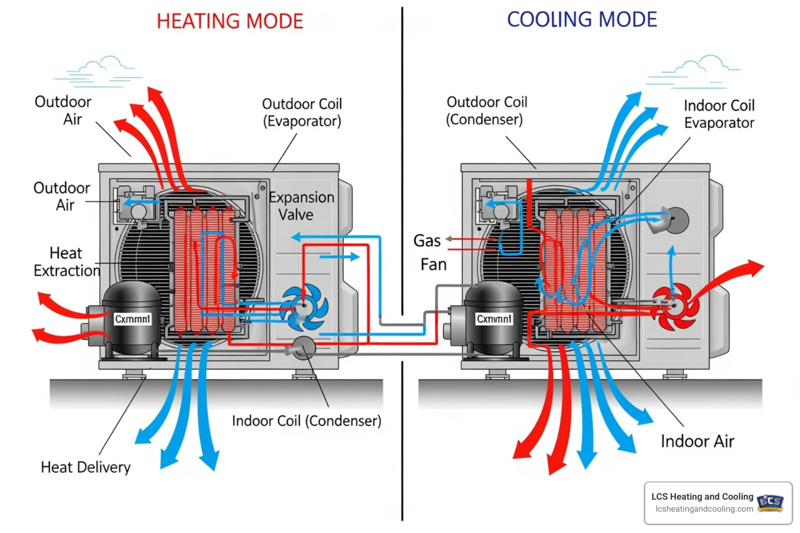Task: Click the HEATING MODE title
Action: click(230, 21)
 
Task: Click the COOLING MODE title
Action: click(582, 20)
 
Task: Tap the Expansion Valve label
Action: click(301, 206)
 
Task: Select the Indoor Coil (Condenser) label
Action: click(306, 421)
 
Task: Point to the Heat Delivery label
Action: click(85, 467)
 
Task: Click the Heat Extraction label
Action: click(67, 262)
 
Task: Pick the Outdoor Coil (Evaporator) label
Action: click(302, 112)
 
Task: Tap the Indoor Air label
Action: click(697, 441)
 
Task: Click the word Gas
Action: click(427, 240)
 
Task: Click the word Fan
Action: click(433, 264)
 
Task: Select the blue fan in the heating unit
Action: click(305, 307)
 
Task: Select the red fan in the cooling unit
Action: click(675, 306)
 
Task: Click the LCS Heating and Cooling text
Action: click(702, 497)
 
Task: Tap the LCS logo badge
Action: click(770, 503)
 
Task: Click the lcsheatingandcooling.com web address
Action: click(704, 509)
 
